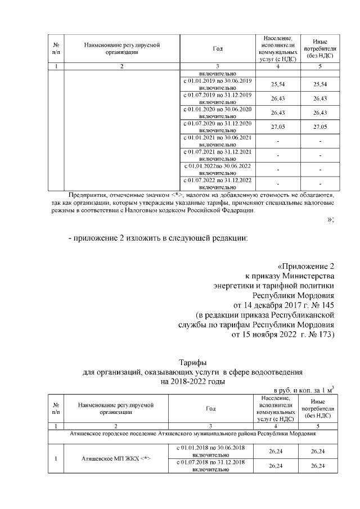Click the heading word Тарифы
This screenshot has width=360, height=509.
192,362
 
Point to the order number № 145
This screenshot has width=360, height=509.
321,304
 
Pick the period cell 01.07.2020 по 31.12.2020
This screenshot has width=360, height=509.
217,127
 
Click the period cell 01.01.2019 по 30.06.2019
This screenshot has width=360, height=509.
217,84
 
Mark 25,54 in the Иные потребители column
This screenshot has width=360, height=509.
319,84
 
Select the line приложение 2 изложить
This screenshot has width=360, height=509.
158,238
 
